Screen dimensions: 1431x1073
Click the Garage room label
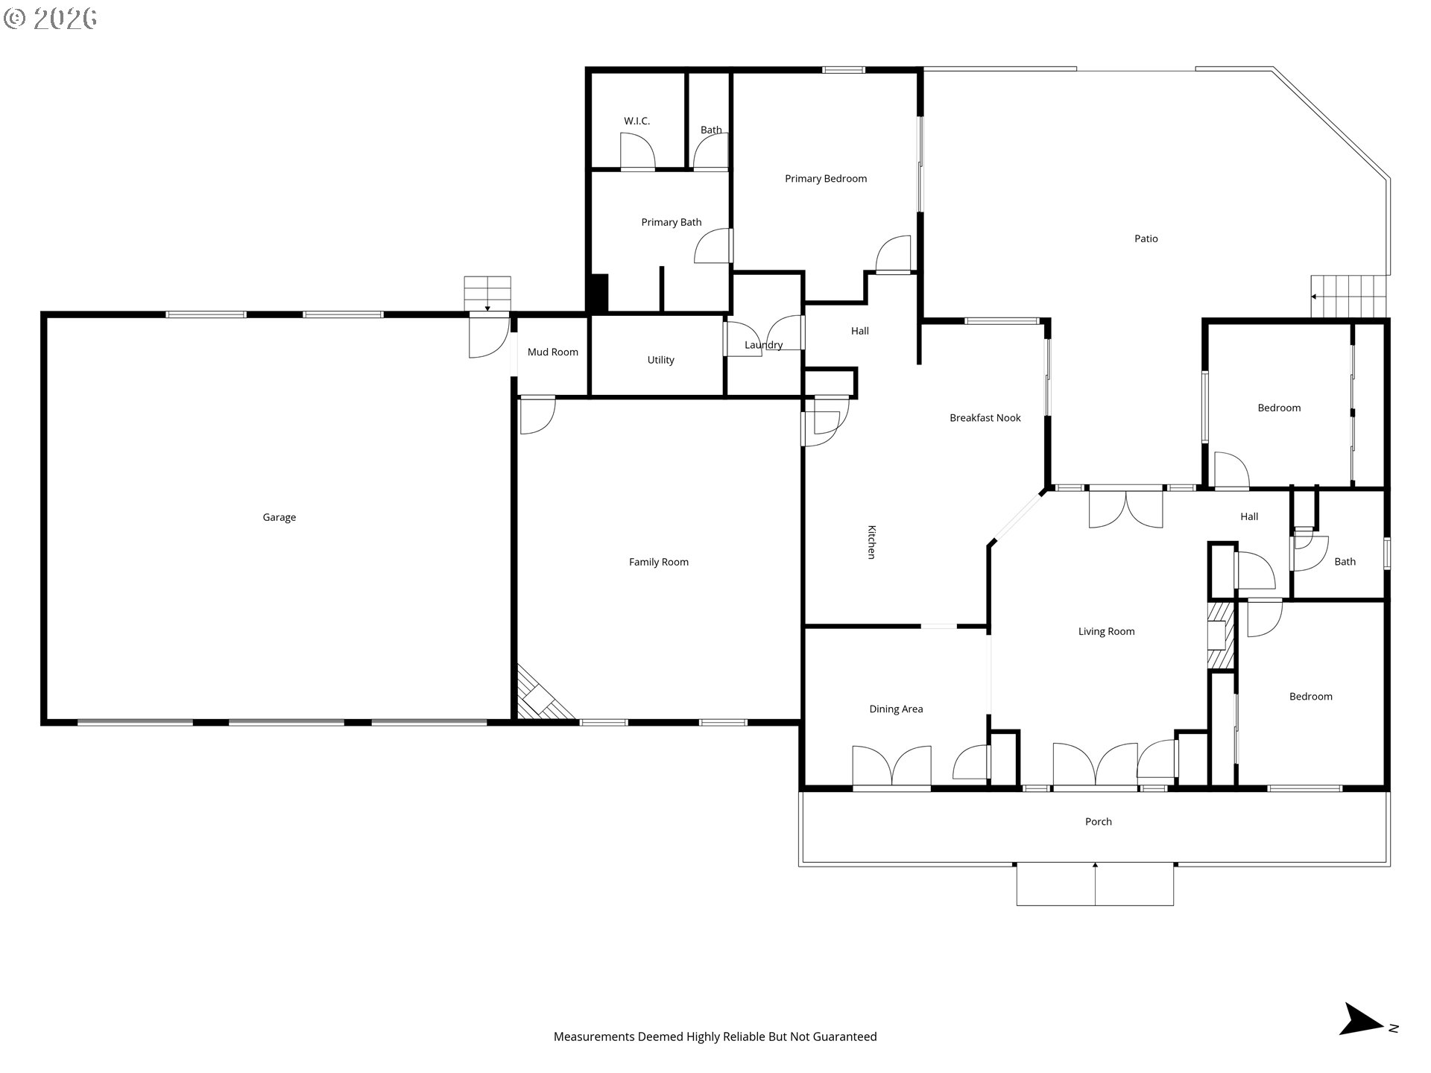pyautogui.click(x=279, y=517)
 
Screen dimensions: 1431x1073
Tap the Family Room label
pyautogui.click(x=658, y=562)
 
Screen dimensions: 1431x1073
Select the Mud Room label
pyautogui.click(x=552, y=352)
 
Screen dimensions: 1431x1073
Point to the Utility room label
pyautogui.click(x=660, y=360)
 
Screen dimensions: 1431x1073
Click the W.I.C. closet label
pyautogui.click(x=636, y=121)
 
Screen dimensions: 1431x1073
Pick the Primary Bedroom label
pyautogui.click(x=826, y=179)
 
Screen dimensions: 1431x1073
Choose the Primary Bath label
pyautogui.click(x=672, y=222)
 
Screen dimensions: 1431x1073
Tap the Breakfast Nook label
pyautogui.click(x=985, y=418)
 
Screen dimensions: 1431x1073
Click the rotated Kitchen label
pyautogui.click(x=871, y=542)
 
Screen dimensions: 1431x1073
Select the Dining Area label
pyautogui.click(x=896, y=709)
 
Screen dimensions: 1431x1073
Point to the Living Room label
pyautogui.click(x=1106, y=631)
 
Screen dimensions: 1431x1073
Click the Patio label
pyautogui.click(x=1146, y=238)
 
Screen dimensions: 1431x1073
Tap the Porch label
pyautogui.click(x=1098, y=821)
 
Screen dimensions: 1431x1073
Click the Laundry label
pyautogui.click(x=763, y=345)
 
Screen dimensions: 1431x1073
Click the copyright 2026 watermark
pyautogui.click(x=50, y=18)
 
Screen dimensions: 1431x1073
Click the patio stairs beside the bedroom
pyautogui.click(x=1351, y=296)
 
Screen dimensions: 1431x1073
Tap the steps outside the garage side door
pyautogui.click(x=487, y=294)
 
